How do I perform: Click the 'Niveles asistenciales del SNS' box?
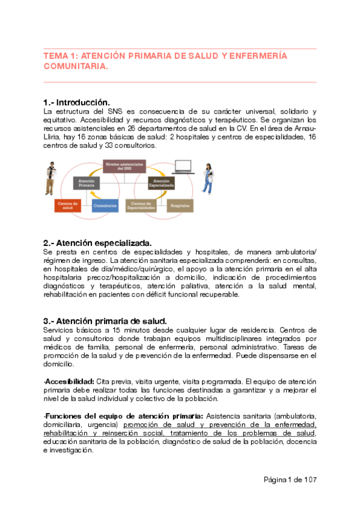click(x=124, y=166)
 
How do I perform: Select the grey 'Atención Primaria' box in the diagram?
click(x=87, y=183)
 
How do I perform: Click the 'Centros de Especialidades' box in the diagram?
click(x=143, y=206)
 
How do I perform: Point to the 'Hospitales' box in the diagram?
click(x=180, y=206)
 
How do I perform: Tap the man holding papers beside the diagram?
click(x=50, y=179)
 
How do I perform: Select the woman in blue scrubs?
click(x=208, y=178)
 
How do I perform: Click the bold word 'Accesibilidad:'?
click(x=70, y=382)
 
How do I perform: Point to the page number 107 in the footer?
click(x=310, y=479)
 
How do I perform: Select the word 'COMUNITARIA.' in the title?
click(x=76, y=67)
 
